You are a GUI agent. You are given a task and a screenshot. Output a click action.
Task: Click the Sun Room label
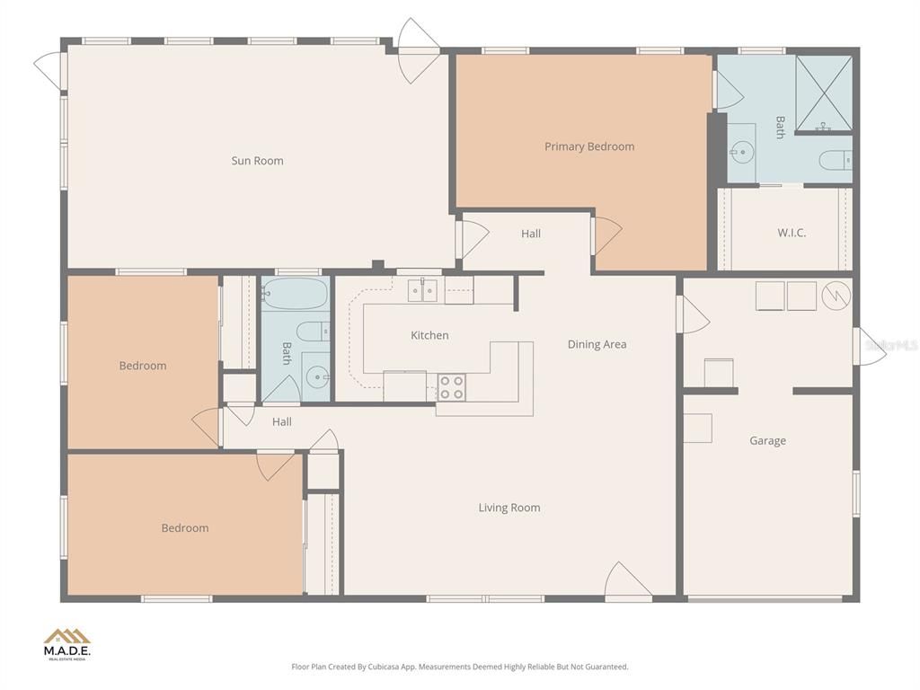click(257, 161)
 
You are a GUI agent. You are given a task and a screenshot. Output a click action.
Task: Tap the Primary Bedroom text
click(588, 146)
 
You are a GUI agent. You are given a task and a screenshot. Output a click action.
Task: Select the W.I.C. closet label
click(791, 233)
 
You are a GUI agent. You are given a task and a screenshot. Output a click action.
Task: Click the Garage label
click(767, 440)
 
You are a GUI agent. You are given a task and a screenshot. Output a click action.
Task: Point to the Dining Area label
click(597, 344)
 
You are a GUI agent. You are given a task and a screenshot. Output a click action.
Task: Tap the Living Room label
click(509, 508)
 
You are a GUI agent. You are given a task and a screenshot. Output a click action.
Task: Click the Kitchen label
click(429, 335)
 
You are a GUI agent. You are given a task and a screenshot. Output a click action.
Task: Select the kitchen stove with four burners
click(452, 387)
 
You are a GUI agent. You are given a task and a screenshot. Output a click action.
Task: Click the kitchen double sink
click(422, 289)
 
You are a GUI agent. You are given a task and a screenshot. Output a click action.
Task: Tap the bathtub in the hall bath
click(295, 294)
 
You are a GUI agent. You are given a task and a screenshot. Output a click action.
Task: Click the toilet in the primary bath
click(834, 161)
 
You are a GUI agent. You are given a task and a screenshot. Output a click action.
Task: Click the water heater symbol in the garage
click(836, 296)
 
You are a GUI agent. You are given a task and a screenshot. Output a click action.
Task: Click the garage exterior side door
click(868, 346)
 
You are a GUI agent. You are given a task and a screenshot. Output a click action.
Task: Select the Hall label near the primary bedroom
click(531, 234)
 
